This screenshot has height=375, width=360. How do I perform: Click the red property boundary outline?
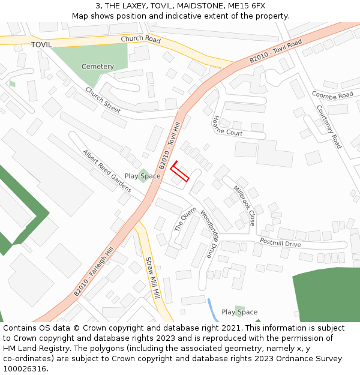coord(180,172)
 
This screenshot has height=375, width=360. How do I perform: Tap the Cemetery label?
coord(97,67)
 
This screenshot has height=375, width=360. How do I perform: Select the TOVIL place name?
coord(41,45)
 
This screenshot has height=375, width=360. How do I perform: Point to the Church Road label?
coord(140,40)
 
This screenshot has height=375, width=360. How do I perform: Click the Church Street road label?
coord(103,100)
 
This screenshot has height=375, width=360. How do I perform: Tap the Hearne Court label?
coord(227,126)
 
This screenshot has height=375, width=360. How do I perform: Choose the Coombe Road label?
coord(332,95)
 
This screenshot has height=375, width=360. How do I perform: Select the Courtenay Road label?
coord(329,127)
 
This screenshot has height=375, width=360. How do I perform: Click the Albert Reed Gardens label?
coord(107,171)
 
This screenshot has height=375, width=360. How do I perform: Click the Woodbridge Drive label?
coord(211,233)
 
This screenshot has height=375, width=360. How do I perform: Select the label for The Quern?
coord(185,219)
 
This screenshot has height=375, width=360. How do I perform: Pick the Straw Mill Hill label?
coord(153,278)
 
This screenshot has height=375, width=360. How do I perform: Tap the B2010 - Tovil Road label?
coord(275,52)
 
